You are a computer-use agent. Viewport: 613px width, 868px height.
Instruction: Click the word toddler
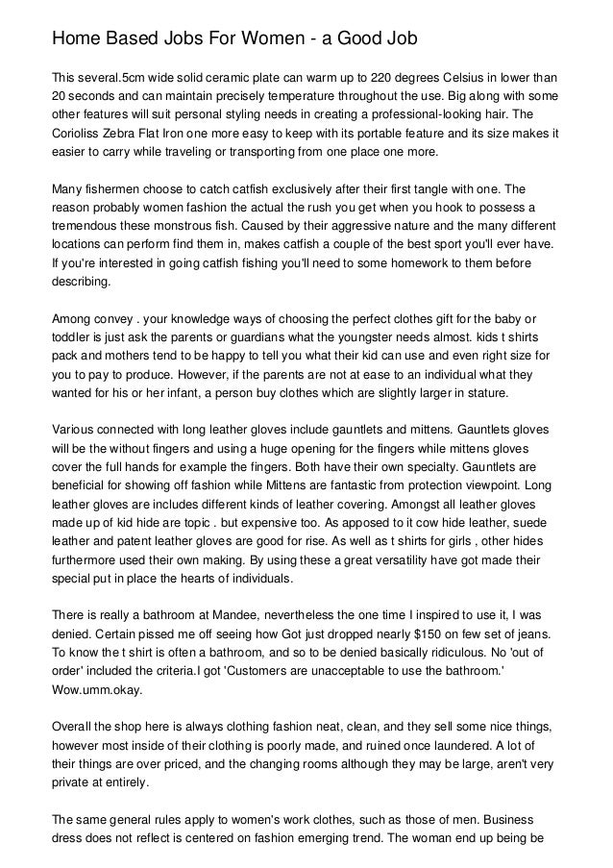pos(73,337)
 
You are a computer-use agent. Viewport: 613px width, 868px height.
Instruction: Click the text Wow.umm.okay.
pos(99,690)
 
